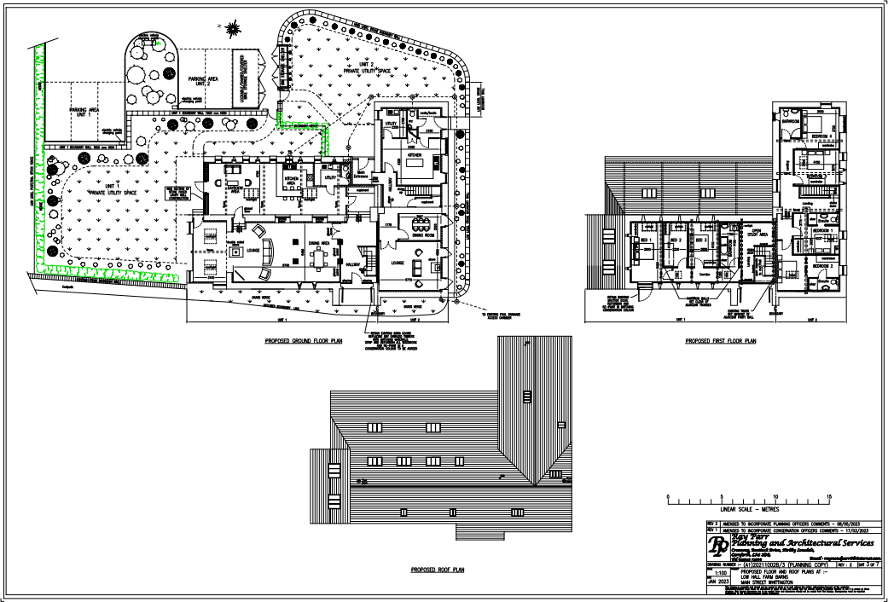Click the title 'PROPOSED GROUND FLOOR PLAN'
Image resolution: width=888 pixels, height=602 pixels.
(x=303, y=339)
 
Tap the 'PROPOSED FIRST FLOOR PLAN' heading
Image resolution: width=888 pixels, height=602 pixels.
(x=721, y=340)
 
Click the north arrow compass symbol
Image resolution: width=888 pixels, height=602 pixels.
(x=231, y=29)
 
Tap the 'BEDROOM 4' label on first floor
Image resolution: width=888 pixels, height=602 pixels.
(x=821, y=136)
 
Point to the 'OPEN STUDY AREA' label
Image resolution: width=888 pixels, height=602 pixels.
(x=755, y=232)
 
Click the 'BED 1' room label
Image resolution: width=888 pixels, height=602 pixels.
(x=646, y=240)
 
